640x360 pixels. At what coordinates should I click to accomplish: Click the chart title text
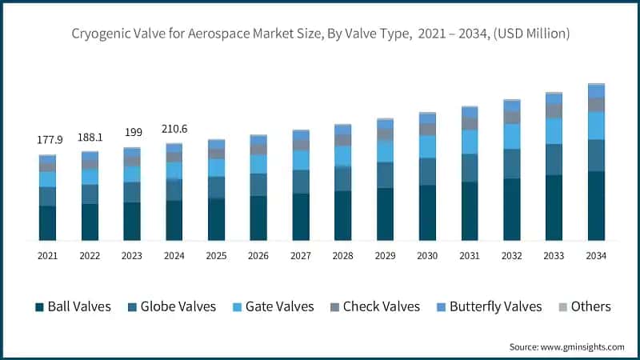[x=320, y=34]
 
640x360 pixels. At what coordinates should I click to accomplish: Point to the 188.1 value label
[x=90, y=137]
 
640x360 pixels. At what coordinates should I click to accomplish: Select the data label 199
[x=132, y=132]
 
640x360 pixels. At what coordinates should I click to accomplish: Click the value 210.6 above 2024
[x=174, y=128]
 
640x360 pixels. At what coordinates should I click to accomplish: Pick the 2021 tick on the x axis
[x=47, y=256]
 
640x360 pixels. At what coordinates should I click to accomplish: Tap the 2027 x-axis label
[x=301, y=256]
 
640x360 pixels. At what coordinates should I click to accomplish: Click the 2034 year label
[x=596, y=256]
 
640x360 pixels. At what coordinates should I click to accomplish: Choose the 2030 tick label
[x=427, y=256]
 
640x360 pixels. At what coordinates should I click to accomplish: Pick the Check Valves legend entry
[x=374, y=306]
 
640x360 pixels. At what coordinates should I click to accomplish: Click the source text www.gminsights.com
[x=566, y=346]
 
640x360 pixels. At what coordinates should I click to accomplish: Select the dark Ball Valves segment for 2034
[x=596, y=206]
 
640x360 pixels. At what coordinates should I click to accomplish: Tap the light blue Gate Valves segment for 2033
[x=554, y=130]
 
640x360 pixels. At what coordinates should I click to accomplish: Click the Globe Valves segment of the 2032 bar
[x=512, y=163]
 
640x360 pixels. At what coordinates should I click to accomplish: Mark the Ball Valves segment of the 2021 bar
[x=47, y=223]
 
